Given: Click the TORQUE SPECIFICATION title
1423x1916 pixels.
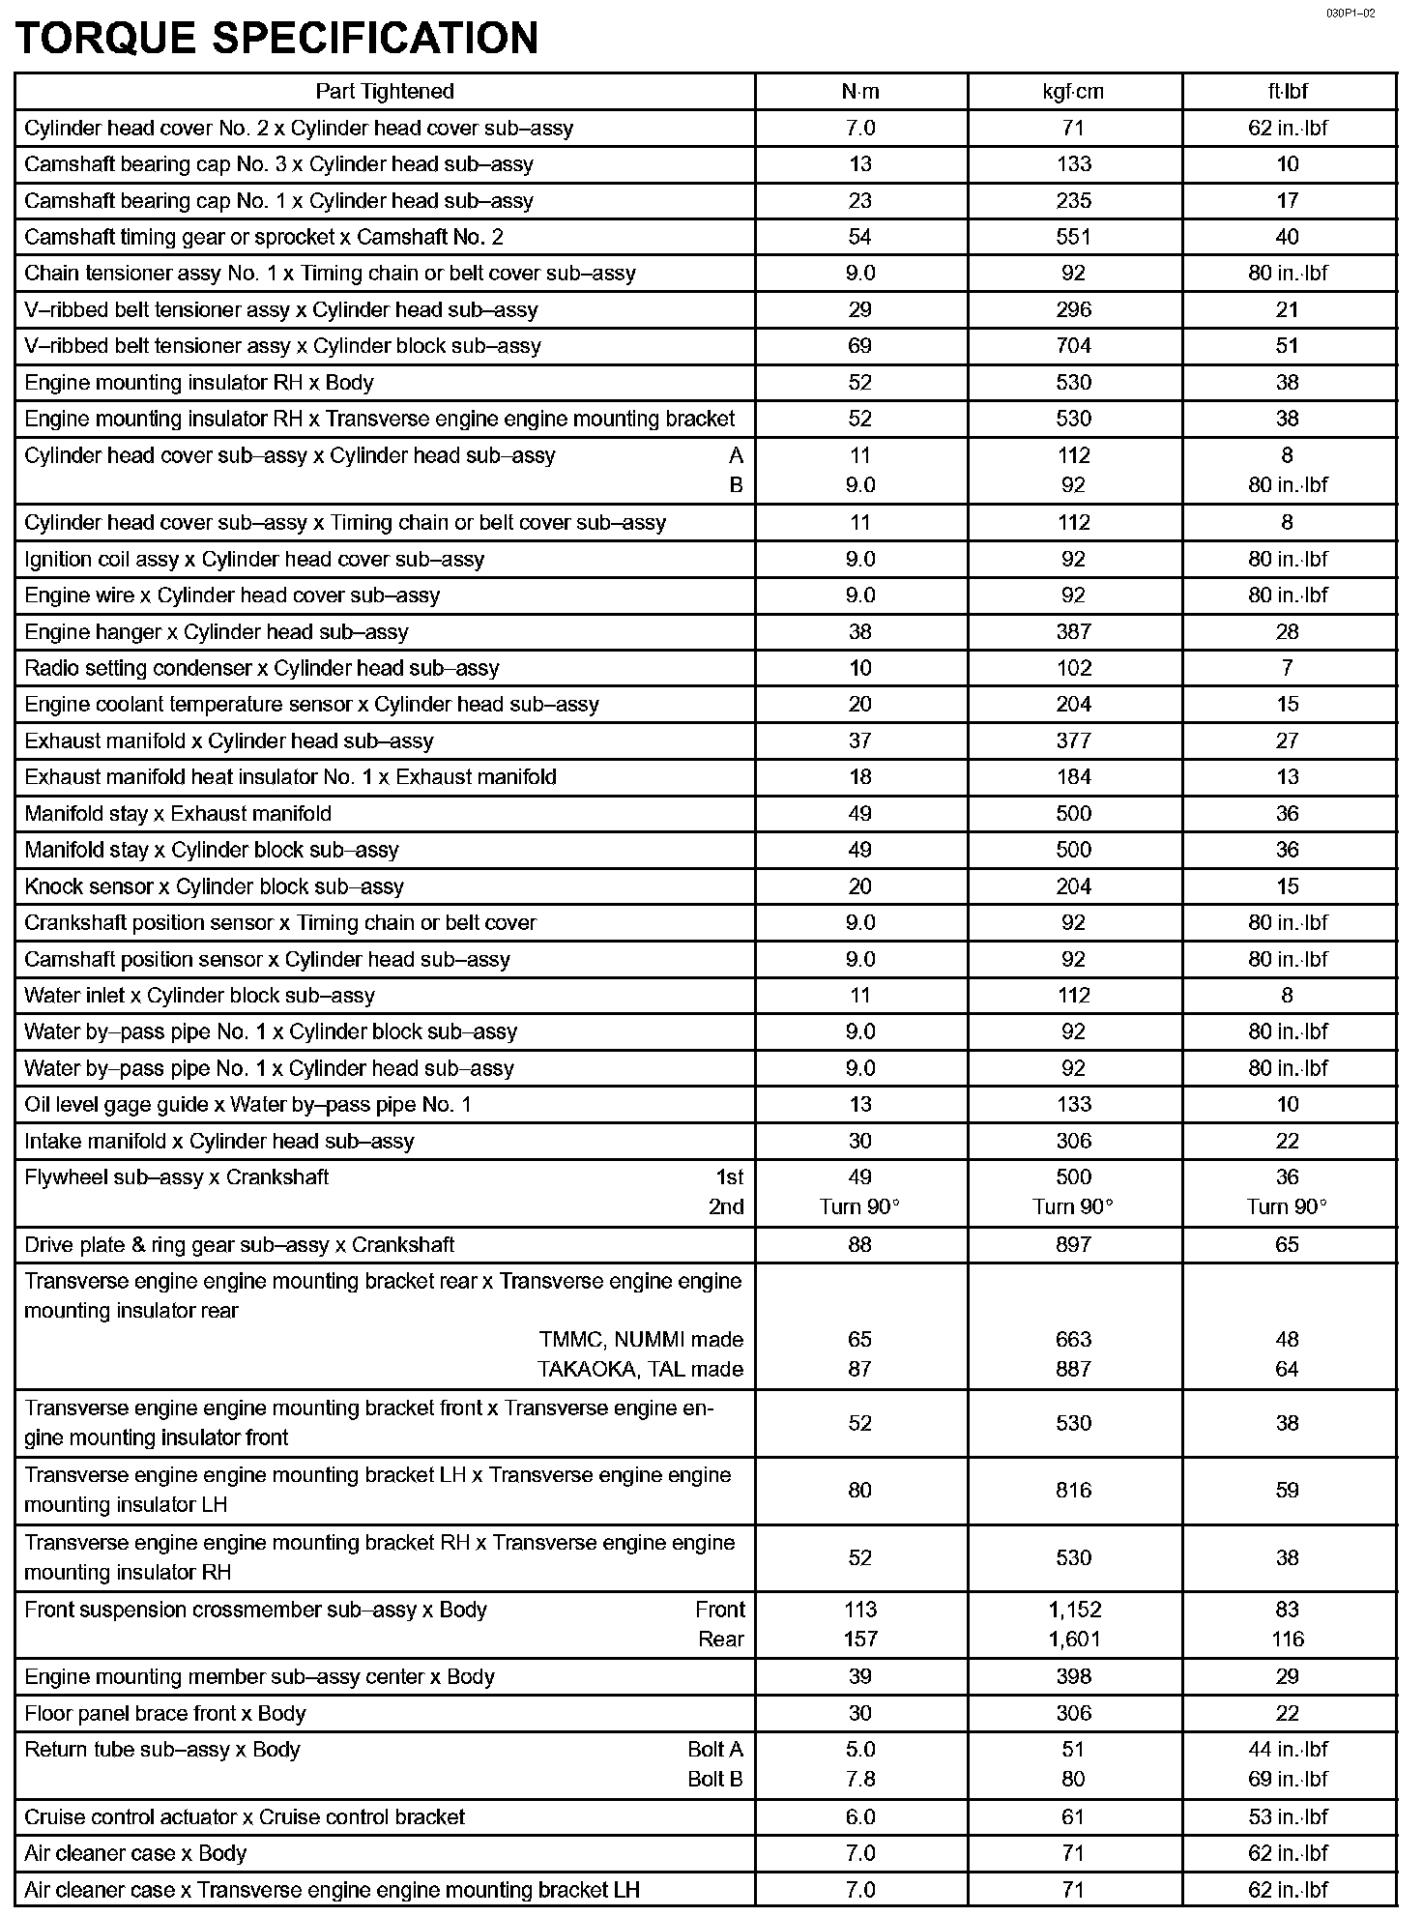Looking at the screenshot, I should coord(277,39).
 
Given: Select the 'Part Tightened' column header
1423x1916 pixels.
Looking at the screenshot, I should coord(385,92).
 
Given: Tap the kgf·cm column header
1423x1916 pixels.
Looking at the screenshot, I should coord(1073,92).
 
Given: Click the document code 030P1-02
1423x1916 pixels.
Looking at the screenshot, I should coord(1350,13).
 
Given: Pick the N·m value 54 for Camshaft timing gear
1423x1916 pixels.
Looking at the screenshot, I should coord(859,237).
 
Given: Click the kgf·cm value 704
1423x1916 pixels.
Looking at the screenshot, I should coord(1073,346).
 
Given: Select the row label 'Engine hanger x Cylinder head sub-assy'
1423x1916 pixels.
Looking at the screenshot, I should coord(217,632).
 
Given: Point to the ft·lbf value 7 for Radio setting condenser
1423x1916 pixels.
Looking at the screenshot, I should coord(1287,668).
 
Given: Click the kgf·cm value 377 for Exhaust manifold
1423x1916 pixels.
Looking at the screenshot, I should coord(1073,741).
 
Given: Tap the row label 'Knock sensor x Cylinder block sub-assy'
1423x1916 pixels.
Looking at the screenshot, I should coord(214,886).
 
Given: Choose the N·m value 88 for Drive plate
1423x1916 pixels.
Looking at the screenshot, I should coord(859,1245).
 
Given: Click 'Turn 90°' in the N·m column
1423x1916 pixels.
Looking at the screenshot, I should coord(859,1207).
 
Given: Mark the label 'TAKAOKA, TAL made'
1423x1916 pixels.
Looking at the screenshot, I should coord(640,1370).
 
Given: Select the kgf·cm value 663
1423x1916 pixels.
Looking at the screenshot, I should coord(1073,1340).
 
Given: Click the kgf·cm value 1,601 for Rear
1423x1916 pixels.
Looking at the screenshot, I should coord(1073,1640).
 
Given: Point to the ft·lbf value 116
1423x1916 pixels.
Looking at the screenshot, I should coord(1287,1640).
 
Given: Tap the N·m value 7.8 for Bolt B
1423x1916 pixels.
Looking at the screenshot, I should coord(859,1780).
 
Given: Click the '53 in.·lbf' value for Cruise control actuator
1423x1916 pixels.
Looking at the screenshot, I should coord(1287,1817).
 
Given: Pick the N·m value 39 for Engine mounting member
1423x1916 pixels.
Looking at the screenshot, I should coord(859,1677).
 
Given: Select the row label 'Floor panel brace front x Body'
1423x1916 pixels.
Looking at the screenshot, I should coord(165,1714).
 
